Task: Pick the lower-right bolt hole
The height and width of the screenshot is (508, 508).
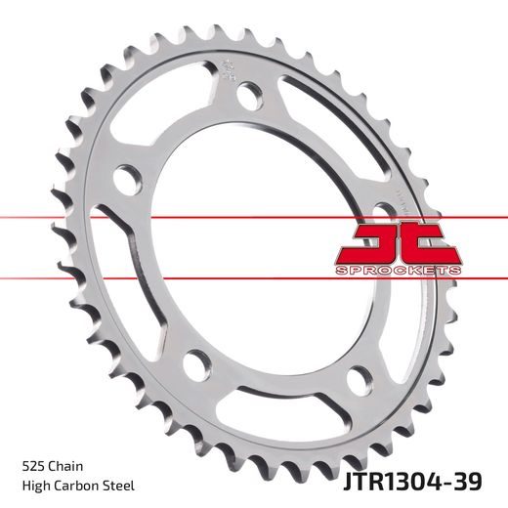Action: click(359, 376)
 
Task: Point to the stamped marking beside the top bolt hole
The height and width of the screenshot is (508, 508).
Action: click(228, 72)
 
